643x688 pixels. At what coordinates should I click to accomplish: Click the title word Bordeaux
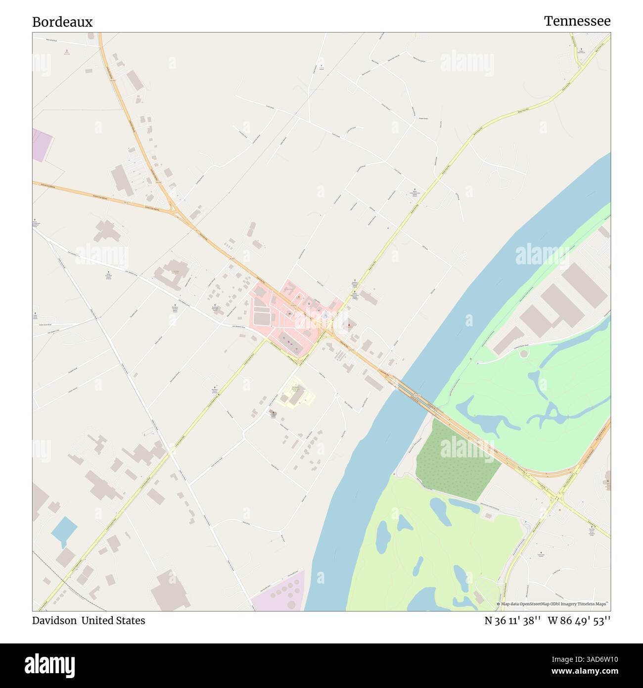coord(62,22)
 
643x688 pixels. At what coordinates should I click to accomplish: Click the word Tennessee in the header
coord(577,21)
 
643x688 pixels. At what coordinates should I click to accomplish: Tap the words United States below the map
coord(113,621)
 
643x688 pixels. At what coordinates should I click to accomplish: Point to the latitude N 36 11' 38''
coord(512,621)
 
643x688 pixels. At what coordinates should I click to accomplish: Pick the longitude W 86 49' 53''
coord(579,621)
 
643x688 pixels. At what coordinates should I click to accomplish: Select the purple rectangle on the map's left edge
coord(42,145)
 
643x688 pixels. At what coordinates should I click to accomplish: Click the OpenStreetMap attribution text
coord(552,604)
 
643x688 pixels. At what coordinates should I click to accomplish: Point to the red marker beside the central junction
coord(350,325)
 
